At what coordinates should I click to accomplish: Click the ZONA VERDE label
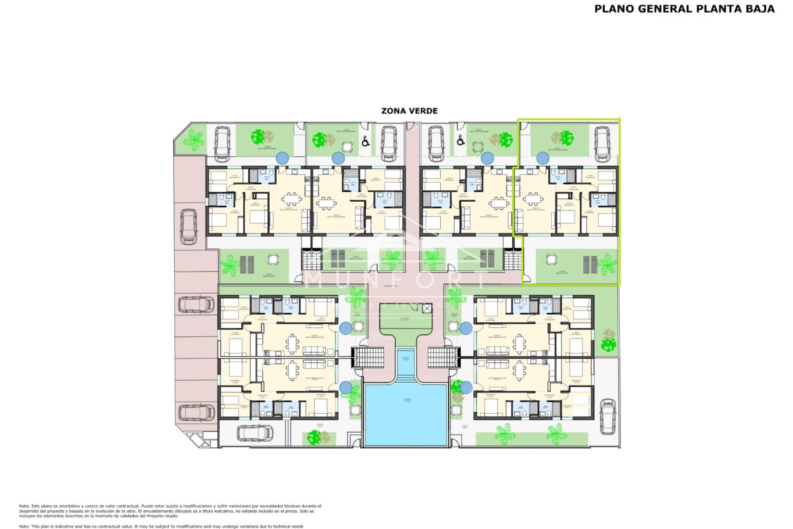409,111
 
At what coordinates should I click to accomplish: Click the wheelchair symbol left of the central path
366,142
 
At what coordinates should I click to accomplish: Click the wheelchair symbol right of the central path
461,142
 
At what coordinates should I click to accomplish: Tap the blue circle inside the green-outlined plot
543,158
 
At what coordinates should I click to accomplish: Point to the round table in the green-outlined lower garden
551,260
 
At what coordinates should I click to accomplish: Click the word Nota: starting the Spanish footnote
24,506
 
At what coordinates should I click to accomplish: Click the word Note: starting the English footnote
24,526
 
